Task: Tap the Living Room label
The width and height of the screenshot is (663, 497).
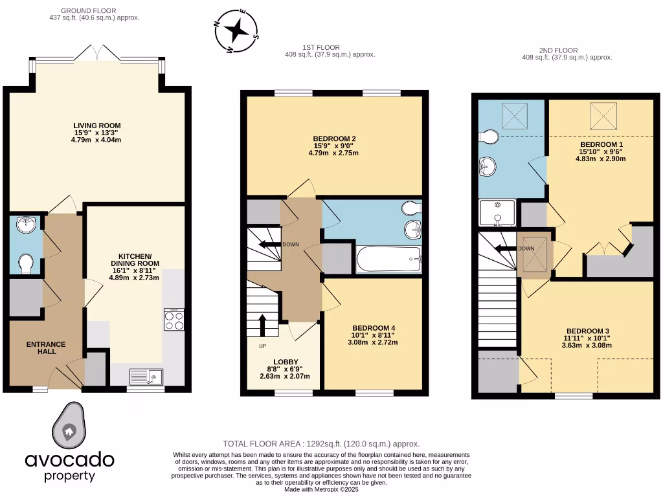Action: click(x=97, y=126)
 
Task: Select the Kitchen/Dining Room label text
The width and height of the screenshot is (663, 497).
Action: click(x=134, y=260)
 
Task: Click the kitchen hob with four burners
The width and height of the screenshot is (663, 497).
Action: click(x=174, y=320)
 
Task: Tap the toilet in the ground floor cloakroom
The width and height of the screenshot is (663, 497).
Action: click(x=26, y=263)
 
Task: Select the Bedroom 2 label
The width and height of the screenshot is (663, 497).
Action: click(x=333, y=138)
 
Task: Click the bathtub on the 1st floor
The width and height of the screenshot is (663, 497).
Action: click(x=388, y=260)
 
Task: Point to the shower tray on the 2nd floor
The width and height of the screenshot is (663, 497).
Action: click(x=497, y=213)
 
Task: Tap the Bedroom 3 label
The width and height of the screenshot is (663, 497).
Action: click(x=587, y=330)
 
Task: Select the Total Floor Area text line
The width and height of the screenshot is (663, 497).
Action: click(x=321, y=444)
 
